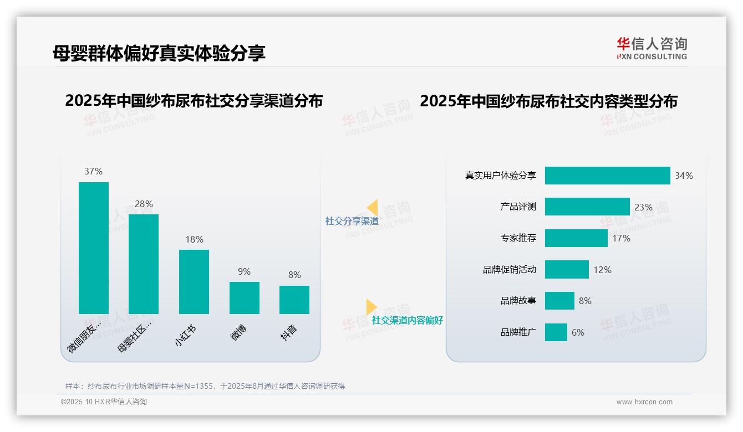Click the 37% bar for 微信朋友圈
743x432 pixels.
click(x=94, y=248)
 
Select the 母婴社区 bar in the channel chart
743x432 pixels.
click(x=144, y=264)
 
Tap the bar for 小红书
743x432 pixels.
click(x=194, y=281)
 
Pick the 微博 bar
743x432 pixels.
click(x=245, y=297)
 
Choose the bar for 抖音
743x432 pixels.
click(x=294, y=300)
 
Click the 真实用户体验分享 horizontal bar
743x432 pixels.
click(x=607, y=176)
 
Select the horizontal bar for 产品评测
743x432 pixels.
click(x=587, y=207)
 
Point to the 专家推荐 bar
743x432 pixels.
click(x=576, y=238)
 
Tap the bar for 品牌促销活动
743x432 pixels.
click(x=567, y=270)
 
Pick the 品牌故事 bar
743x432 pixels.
click(x=559, y=301)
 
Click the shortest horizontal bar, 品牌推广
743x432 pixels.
click(x=556, y=332)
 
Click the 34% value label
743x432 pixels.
click(x=684, y=176)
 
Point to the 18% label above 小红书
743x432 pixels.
click(x=194, y=239)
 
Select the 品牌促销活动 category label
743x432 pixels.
click(x=510, y=270)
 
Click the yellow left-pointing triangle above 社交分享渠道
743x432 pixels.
click(x=373, y=208)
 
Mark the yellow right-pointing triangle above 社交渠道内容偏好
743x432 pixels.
click(x=371, y=307)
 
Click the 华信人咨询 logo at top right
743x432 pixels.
click(x=652, y=48)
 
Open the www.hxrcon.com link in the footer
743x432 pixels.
click(x=644, y=402)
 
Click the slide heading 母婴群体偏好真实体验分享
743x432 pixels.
click(x=159, y=53)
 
